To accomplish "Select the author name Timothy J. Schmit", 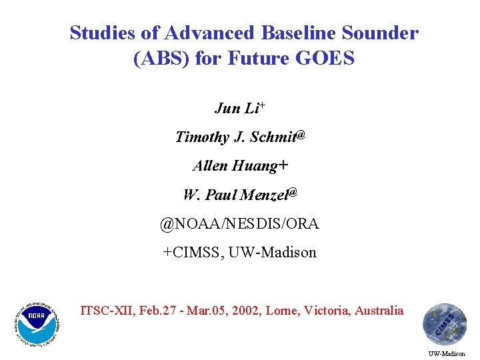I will click(234, 137).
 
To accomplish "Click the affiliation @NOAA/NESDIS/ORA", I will click(239, 224).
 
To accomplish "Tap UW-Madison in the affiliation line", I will click(273, 253).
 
